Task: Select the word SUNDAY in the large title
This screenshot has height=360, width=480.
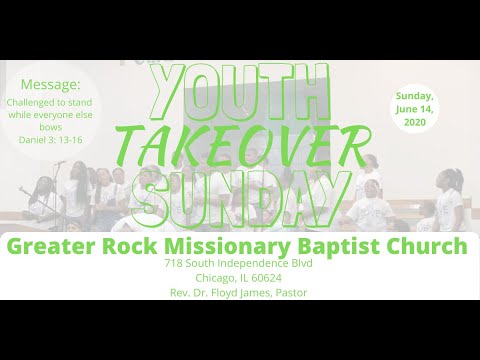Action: (x=239, y=199)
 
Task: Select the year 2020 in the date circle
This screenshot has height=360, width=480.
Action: (x=414, y=121)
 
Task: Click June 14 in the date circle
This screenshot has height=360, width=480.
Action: (x=414, y=108)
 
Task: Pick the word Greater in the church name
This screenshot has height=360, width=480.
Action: (x=49, y=245)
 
